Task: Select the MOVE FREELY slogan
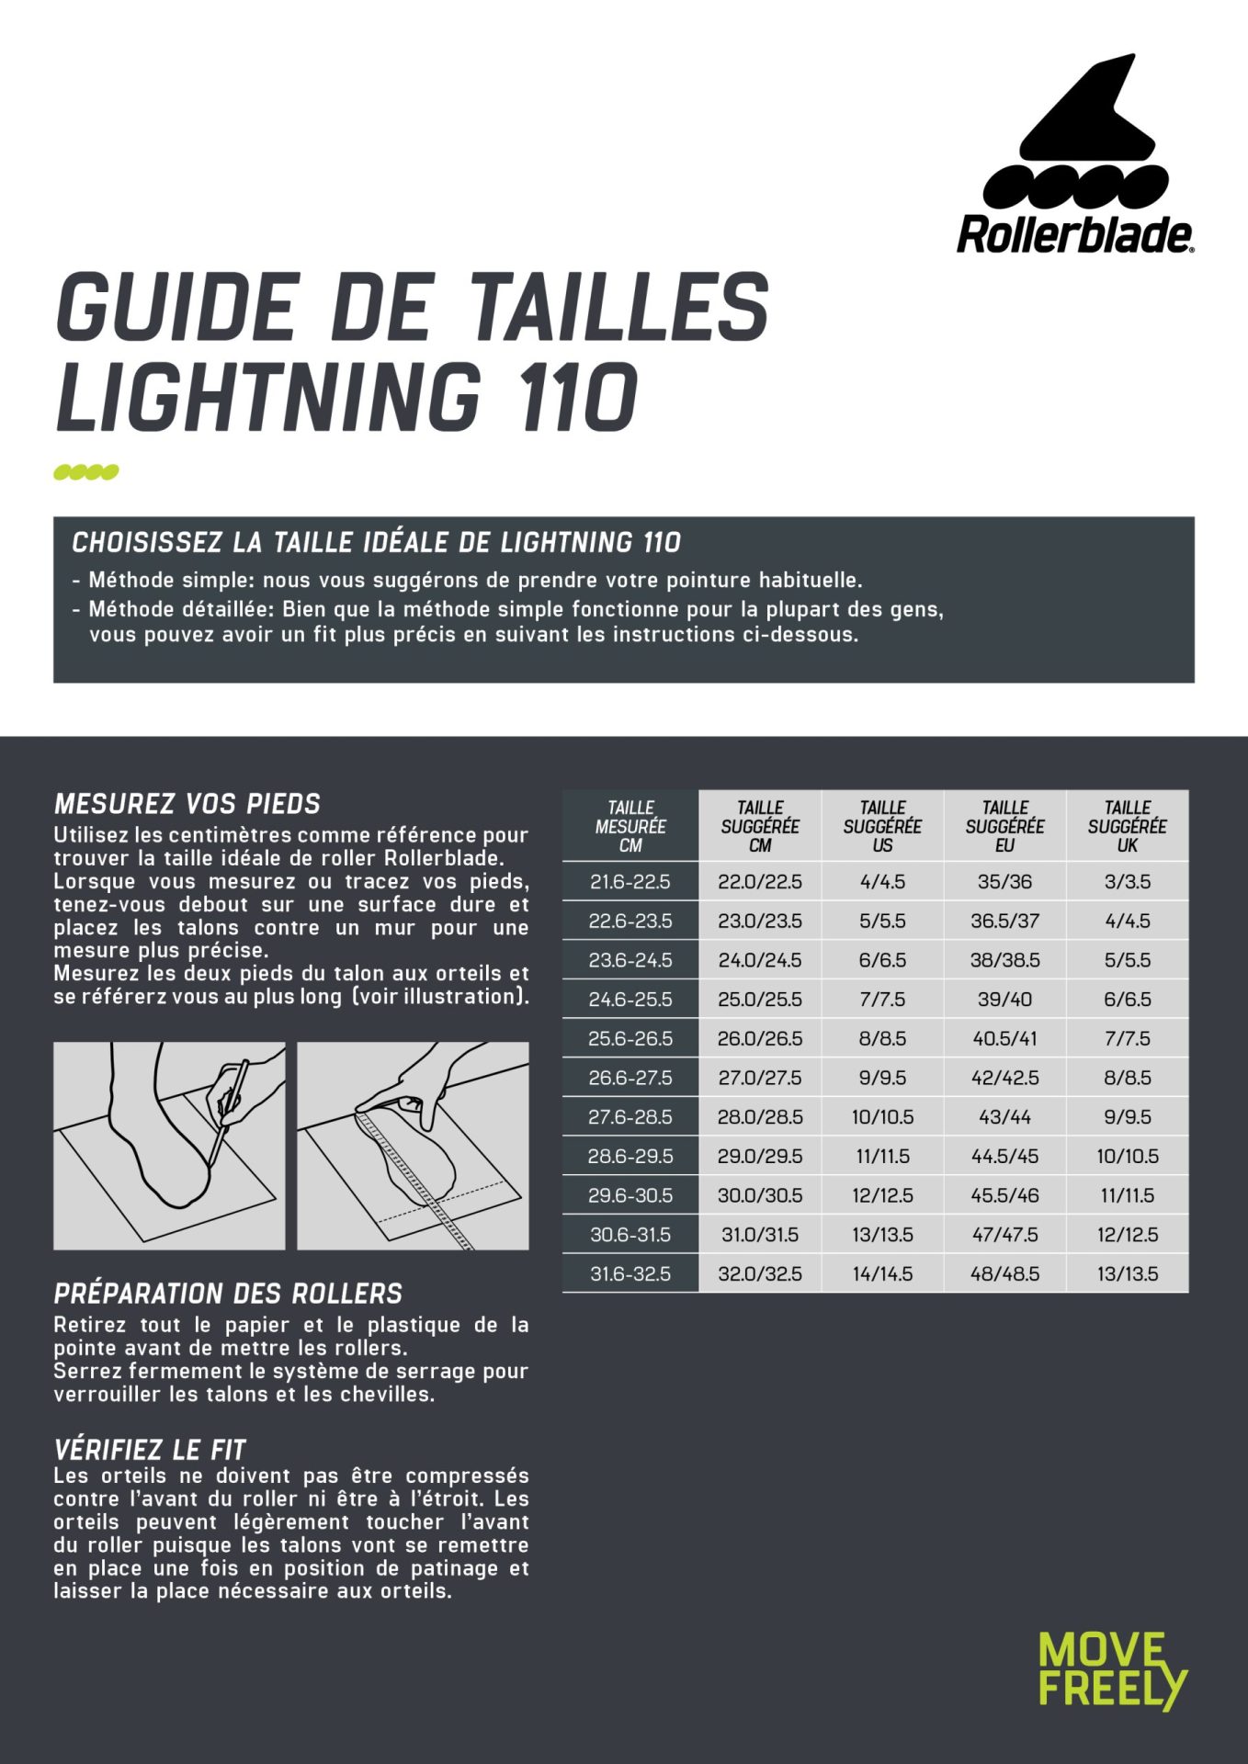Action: (1112, 1669)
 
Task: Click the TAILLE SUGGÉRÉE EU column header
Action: (1004, 826)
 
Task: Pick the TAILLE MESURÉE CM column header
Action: (630, 826)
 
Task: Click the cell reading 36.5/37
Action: (1004, 921)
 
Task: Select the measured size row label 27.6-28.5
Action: (630, 1117)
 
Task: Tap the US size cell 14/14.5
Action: (882, 1273)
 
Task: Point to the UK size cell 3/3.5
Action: (1127, 881)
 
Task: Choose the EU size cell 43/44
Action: (1004, 1117)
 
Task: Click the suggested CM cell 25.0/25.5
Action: (760, 999)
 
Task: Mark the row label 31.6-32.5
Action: (630, 1273)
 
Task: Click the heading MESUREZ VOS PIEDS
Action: (187, 804)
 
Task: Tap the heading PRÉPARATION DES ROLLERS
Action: (228, 1294)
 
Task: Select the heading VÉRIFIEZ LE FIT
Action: (150, 1450)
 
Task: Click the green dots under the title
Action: (86, 472)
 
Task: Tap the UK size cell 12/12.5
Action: (1127, 1235)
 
